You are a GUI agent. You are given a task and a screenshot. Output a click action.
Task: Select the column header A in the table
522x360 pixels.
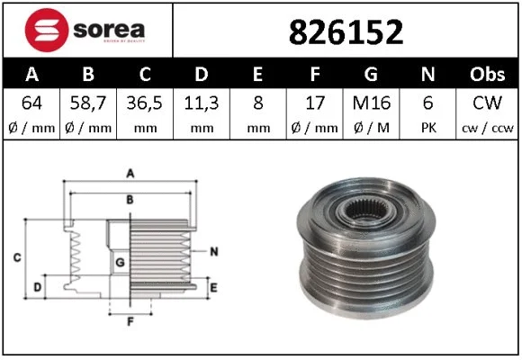[31, 74]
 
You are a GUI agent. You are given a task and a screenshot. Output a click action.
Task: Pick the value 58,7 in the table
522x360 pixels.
[87, 103]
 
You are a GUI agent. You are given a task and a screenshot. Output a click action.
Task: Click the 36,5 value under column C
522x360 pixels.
[143, 103]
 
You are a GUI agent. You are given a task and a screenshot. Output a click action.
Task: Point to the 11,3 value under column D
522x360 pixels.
[201, 103]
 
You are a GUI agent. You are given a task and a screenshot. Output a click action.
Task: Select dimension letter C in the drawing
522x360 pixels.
[17, 258]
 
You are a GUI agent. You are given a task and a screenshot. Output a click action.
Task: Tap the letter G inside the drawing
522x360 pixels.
[119, 262]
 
